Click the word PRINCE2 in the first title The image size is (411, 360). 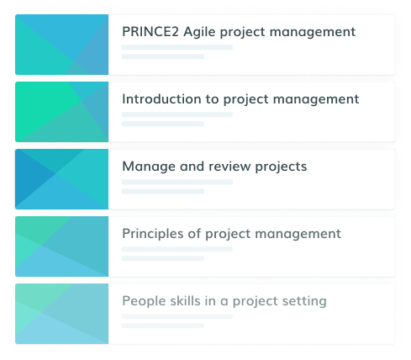[150, 31]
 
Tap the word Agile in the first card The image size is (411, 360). [199, 33]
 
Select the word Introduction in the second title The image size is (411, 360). [161, 98]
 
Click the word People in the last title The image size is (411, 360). [144, 302]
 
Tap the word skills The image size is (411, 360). [185, 301]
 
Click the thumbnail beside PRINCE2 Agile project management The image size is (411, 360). [62, 45]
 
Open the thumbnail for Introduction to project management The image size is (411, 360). [62, 112]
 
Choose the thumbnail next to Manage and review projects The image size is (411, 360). [62, 179]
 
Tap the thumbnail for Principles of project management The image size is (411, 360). [62, 246]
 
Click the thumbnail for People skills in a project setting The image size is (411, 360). [62, 314]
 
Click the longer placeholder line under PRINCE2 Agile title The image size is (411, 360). [177, 47]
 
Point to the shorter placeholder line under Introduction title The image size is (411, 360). [163, 124]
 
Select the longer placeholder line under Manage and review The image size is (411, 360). [177, 182]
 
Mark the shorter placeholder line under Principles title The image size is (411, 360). [163, 258]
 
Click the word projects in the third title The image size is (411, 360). [281, 167]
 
